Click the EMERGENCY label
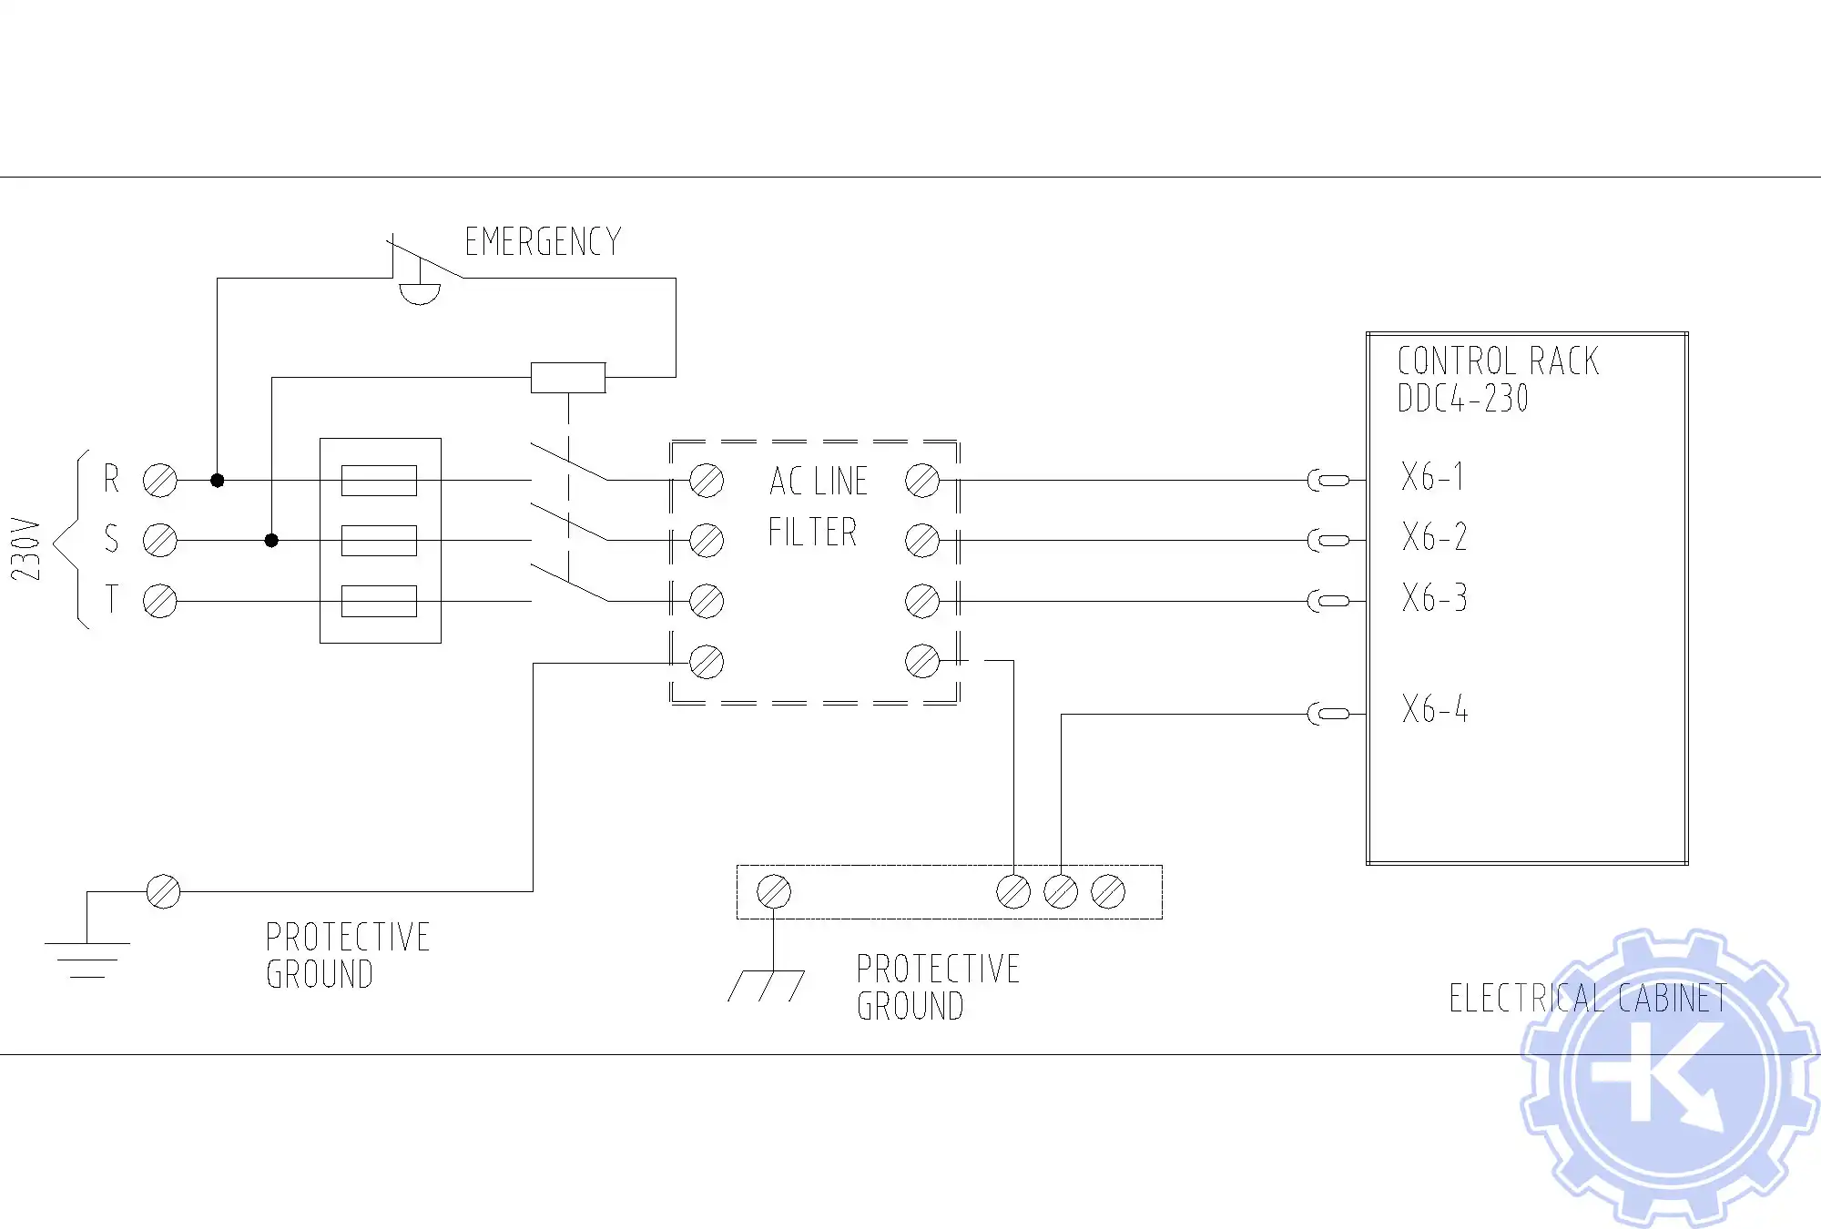coord(543,242)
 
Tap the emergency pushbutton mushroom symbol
coord(420,292)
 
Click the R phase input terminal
coord(160,480)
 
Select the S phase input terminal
coord(160,540)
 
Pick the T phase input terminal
coord(160,601)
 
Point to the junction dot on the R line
coord(217,480)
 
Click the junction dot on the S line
coord(271,540)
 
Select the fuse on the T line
coord(379,601)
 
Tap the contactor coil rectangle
coord(568,377)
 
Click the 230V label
coord(26,549)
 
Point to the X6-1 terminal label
coord(1433,477)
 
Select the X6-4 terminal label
coord(1435,709)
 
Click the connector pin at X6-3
coord(1328,601)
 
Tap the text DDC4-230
coord(1462,399)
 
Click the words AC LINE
coord(818,482)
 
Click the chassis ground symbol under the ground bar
coord(767,985)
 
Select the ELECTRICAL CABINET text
coord(1588,999)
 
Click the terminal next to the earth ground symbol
coord(163,891)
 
